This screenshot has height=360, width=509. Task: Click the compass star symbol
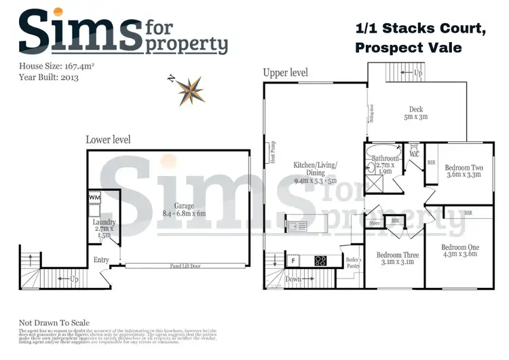[190, 90]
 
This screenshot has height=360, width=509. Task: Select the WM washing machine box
[94, 198]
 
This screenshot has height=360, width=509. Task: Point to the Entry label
[101, 259]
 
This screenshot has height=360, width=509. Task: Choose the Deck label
[416, 113]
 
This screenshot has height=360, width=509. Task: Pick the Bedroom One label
[459, 250]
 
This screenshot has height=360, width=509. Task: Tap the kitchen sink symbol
[297, 226]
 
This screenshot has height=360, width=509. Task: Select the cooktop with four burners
[319, 259]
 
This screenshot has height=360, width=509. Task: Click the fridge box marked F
[293, 259]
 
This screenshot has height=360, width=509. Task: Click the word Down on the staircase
[293, 279]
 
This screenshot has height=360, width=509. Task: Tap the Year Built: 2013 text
[49, 77]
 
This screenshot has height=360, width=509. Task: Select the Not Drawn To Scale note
[54, 323]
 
